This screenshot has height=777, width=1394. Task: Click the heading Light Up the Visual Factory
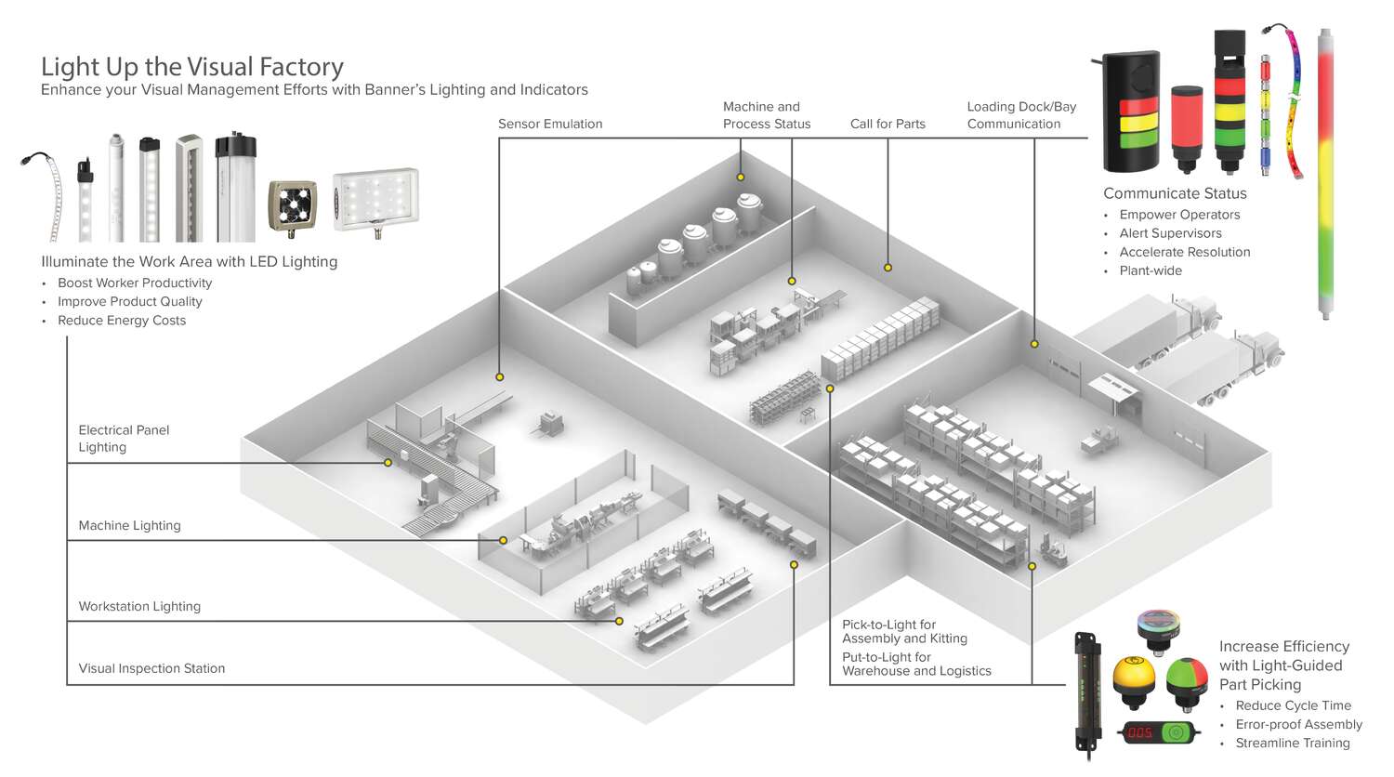coord(192,67)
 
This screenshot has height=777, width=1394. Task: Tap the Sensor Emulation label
coord(550,124)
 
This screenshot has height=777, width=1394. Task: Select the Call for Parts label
coord(888,124)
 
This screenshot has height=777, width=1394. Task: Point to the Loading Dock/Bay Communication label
coord(1021,115)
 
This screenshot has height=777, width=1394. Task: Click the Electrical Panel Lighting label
coord(124,439)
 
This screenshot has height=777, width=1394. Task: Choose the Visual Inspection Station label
coord(151,668)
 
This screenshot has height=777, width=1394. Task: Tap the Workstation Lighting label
coord(139,606)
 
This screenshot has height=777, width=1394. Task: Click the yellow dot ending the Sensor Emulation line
coord(500,377)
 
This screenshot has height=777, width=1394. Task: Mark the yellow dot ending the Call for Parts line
coord(888,268)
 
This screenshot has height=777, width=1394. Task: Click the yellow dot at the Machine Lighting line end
coord(503,540)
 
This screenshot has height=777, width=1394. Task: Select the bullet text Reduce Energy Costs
coord(122,321)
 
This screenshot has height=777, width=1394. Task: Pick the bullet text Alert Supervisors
coord(1170,233)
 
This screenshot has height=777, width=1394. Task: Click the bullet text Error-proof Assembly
coord(1298,724)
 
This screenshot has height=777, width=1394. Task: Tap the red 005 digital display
coord(1140,732)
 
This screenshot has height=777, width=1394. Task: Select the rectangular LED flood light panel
coord(375,198)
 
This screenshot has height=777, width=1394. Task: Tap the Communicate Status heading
coord(1175,193)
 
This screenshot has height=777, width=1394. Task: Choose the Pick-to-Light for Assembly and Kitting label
coord(904,631)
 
